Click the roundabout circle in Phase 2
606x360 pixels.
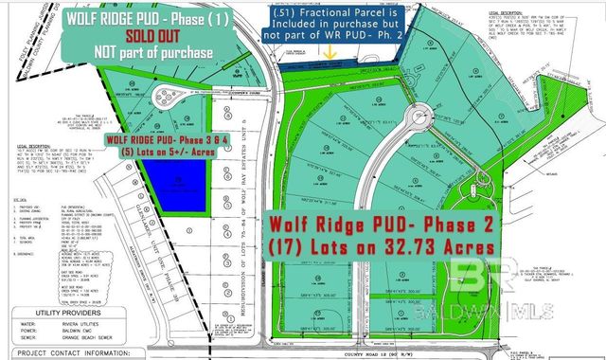click(415, 122)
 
